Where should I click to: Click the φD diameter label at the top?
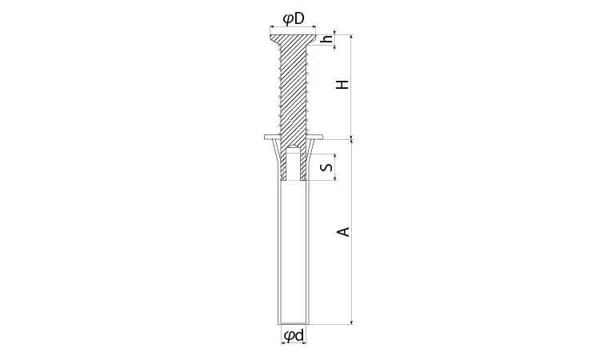[x=294, y=18]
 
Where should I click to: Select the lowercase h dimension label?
[x=328, y=39]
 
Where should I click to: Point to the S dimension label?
[x=327, y=167]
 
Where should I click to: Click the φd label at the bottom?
[x=294, y=335]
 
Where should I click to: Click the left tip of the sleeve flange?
[x=265, y=138]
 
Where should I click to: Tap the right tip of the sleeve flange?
[x=322, y=138]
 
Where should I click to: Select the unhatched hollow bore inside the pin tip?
[x=294, y=163]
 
